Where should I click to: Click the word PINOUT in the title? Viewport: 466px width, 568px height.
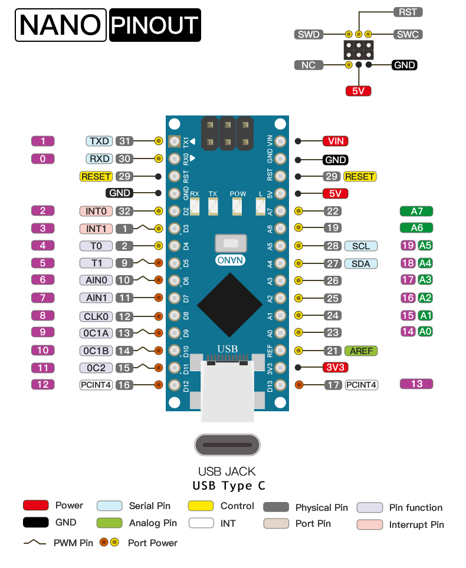coord(155,25)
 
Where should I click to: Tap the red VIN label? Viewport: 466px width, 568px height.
coord(335,141)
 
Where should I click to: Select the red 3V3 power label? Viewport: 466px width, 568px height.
coord(335,367)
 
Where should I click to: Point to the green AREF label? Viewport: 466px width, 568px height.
coord(360,351)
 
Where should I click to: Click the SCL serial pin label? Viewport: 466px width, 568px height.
coord(360,246)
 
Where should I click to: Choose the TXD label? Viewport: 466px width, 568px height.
coord(99,141)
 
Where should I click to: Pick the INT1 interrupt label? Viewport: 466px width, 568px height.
coord(96,229)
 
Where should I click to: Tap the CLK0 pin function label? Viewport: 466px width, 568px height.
coord(96,316)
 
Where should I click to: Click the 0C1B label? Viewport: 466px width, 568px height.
coord(96,351)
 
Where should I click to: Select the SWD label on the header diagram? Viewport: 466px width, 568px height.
coord(309,34)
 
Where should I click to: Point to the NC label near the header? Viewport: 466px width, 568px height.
coord(309,65)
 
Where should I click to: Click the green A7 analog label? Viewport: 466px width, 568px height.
coord(416,211)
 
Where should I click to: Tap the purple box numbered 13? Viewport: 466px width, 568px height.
coord(416,384)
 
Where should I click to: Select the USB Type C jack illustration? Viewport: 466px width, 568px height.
coord(227,445)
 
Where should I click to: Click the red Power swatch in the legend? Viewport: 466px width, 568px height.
coord(35,506)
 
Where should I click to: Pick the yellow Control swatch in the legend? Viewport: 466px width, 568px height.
coord(201,506)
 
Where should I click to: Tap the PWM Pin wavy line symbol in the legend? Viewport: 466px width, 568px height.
coord(35,543)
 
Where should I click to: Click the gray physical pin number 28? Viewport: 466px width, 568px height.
coord(332,246)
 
